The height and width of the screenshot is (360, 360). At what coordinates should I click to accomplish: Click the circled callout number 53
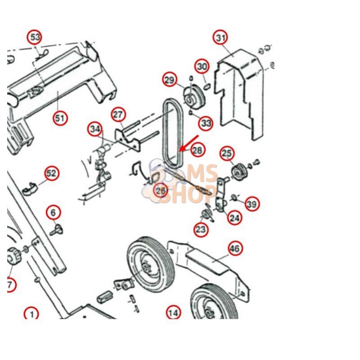[x=34, y=37]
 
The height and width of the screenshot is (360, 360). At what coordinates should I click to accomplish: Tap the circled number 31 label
[x=220, y=37]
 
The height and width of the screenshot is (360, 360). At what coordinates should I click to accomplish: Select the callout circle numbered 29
[x=170, y=80]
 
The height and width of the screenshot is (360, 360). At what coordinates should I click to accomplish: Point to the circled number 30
[x=202, y=67]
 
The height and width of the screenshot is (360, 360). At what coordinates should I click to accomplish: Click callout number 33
[x=205, y=123]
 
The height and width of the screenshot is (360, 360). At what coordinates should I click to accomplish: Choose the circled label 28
[x=197, y=150]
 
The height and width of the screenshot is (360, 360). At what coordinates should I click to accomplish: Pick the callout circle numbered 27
[x=118, y=114]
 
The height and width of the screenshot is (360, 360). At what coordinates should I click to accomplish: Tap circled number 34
[x=95, y=129]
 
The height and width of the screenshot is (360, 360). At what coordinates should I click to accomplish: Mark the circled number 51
[x=60, y=118]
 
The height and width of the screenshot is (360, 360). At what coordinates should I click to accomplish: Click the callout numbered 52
[x=51, y=173]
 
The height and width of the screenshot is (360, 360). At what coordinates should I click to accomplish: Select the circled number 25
[x=227, y=153]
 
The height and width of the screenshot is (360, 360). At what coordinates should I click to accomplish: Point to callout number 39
[x=252, y=204]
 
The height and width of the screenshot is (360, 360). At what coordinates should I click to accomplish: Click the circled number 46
[x=235, y=248]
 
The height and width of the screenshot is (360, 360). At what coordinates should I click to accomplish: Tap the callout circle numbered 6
[x=53, y=213]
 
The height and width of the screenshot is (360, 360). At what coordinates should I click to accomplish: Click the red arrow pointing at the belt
[x=188, y=143]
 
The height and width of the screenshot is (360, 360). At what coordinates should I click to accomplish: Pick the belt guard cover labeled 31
[x=239, y=94]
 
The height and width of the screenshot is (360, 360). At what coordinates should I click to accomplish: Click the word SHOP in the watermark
[x=187, y=195]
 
